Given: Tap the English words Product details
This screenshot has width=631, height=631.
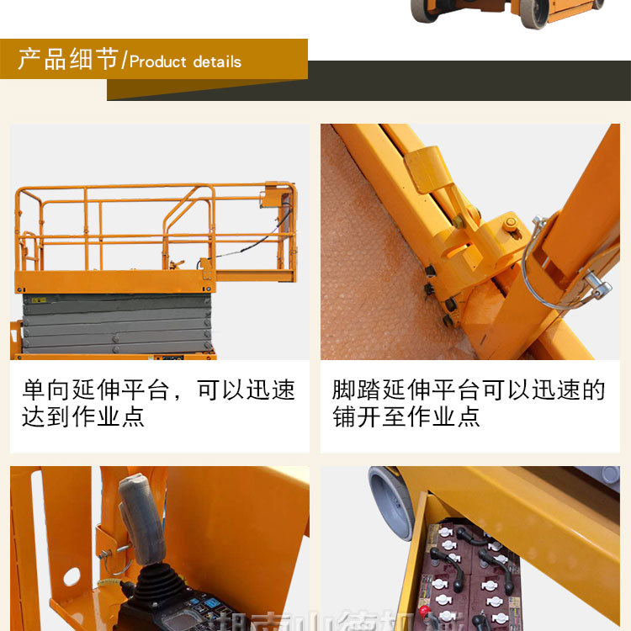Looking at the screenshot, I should (x=185, y=61).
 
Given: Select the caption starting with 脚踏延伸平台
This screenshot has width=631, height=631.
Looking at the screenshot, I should (x=469, y=403).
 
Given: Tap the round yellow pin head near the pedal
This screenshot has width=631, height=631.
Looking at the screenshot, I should (x=511, y=223).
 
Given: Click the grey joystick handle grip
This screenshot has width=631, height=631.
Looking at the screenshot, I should (x=141, y=517).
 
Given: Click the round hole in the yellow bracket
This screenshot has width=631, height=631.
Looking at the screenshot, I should (x=72, y=577).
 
